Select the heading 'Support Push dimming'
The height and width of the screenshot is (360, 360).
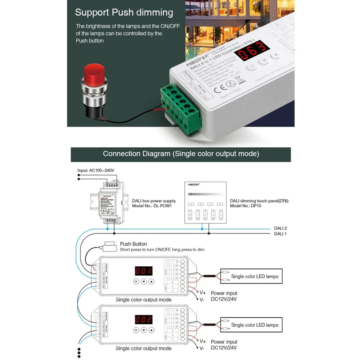(124, 12)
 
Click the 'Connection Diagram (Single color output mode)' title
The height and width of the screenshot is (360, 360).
(181, 154)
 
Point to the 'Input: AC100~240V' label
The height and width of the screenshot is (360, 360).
(96, 170)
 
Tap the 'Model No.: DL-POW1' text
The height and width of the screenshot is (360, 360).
(152, 206)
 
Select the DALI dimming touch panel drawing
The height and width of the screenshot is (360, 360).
(205, 202)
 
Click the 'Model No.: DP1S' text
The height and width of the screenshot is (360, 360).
(246, 206)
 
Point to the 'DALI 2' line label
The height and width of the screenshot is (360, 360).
(280, 228)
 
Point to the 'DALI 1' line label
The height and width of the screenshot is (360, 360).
(280, 234)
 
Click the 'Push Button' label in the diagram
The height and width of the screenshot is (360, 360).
(133, 244)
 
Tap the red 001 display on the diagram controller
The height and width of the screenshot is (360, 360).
(144, 271)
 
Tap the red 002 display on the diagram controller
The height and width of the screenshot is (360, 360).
(144, 319)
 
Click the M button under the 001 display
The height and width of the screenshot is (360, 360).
(136, 282)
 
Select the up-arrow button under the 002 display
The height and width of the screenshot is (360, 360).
(152, 330)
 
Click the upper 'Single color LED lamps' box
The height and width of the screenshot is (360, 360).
(251, 276)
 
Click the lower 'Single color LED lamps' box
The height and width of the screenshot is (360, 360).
(251, 325)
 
